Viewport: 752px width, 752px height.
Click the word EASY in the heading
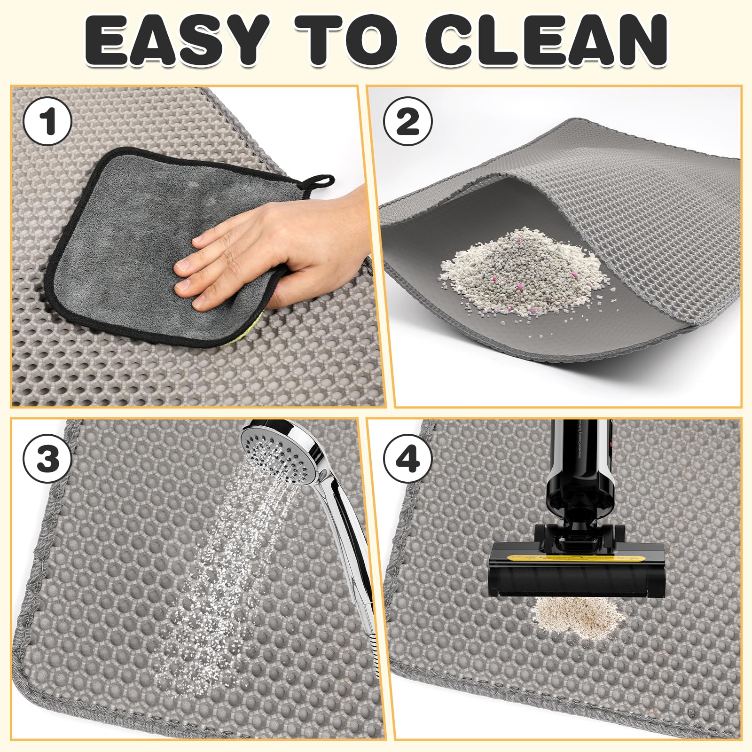(177, 41)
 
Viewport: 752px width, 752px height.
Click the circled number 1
(47, 121)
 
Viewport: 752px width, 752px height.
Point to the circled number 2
(407, 121)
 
